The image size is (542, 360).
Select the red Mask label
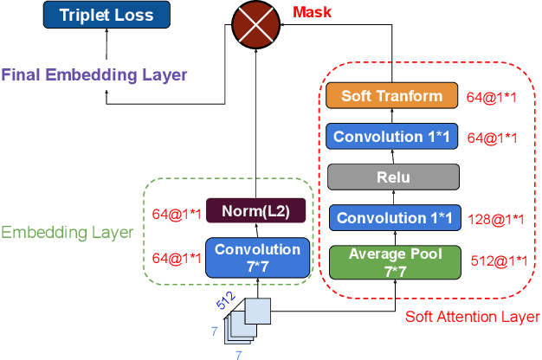pos(312,13)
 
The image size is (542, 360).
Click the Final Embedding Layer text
pos(94,74)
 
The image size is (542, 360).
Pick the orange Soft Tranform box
pos(392,96)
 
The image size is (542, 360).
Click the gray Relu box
pos(392,177)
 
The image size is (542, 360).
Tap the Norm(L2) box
pos(256,211)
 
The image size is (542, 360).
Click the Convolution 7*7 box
pos(256,258)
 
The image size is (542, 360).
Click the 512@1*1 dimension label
pos(498,260)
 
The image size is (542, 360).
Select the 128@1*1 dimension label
pos(496,220)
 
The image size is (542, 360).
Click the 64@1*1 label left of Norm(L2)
pos(177,213)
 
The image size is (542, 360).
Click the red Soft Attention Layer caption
pos(472,317)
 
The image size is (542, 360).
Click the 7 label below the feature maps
pos(240,352)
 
